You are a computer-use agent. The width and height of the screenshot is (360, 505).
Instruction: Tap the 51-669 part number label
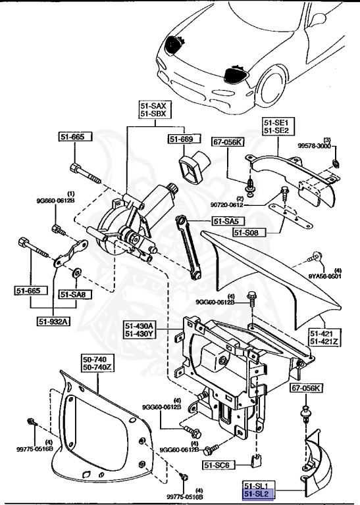(x=180, y=139)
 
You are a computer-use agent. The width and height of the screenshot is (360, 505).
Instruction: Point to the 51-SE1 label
(x=276, y=122)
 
